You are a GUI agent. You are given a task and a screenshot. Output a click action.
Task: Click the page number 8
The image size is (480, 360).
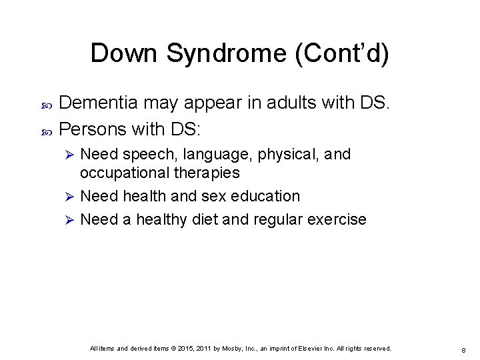coord(462,349)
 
